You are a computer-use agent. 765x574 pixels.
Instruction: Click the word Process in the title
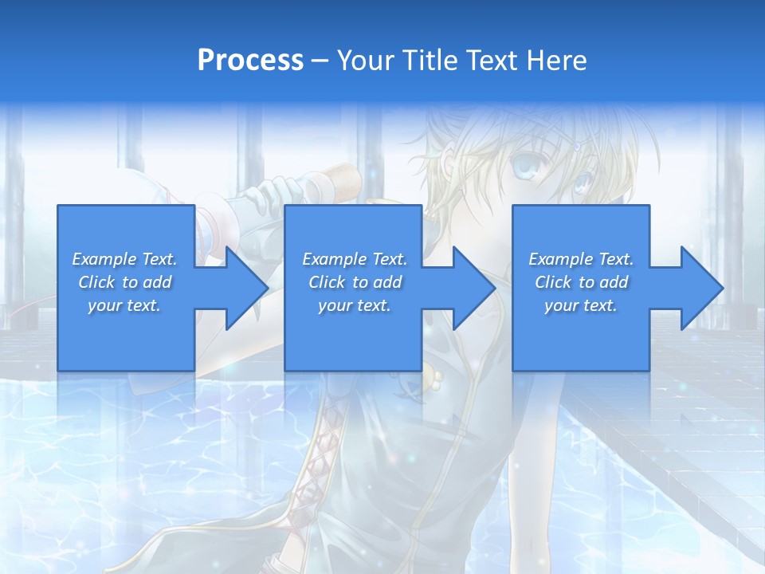coord(250,61)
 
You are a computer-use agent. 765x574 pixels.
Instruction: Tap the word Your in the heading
coord(364,61)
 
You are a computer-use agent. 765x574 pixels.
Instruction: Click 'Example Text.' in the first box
coord(124,259)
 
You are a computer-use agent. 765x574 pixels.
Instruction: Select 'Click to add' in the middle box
coord(355,282)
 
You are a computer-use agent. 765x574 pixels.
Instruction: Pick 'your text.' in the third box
coord(581,305)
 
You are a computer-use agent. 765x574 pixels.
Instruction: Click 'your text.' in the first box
coord(124,305)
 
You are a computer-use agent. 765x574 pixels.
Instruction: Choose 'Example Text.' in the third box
coord(581,259)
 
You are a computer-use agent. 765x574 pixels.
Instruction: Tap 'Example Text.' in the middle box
coord(355,259)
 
